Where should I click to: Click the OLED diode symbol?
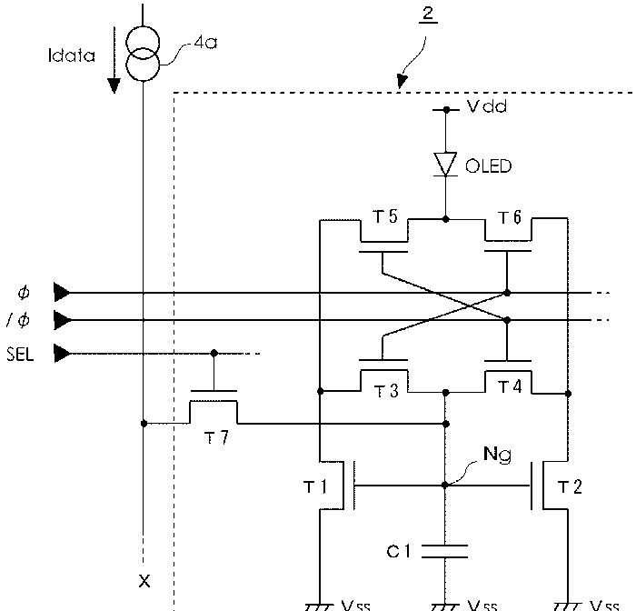coord(445,165)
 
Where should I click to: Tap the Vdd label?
coord(487,106)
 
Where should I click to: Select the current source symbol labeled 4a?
coord(143,54)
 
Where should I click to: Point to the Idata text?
coord(72,55)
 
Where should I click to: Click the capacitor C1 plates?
coord(445,551)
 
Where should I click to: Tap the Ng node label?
coord(497,455)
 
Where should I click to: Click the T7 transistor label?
coord(216,437)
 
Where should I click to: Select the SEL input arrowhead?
coord(62,353)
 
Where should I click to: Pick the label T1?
coord(314,486)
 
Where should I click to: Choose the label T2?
coord(570,486)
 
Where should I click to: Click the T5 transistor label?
coord(385,216)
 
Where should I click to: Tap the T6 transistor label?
coord(510,217)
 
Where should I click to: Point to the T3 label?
coord(386,391)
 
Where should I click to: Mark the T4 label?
coord(510,386)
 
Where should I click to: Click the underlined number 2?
coord(428,15)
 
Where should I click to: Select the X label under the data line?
coord(144,581)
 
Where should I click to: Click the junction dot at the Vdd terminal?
coord(446,110)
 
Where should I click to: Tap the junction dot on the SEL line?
coord(214,353)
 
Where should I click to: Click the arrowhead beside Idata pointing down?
coord(114,85)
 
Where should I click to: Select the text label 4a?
coord(205,42)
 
